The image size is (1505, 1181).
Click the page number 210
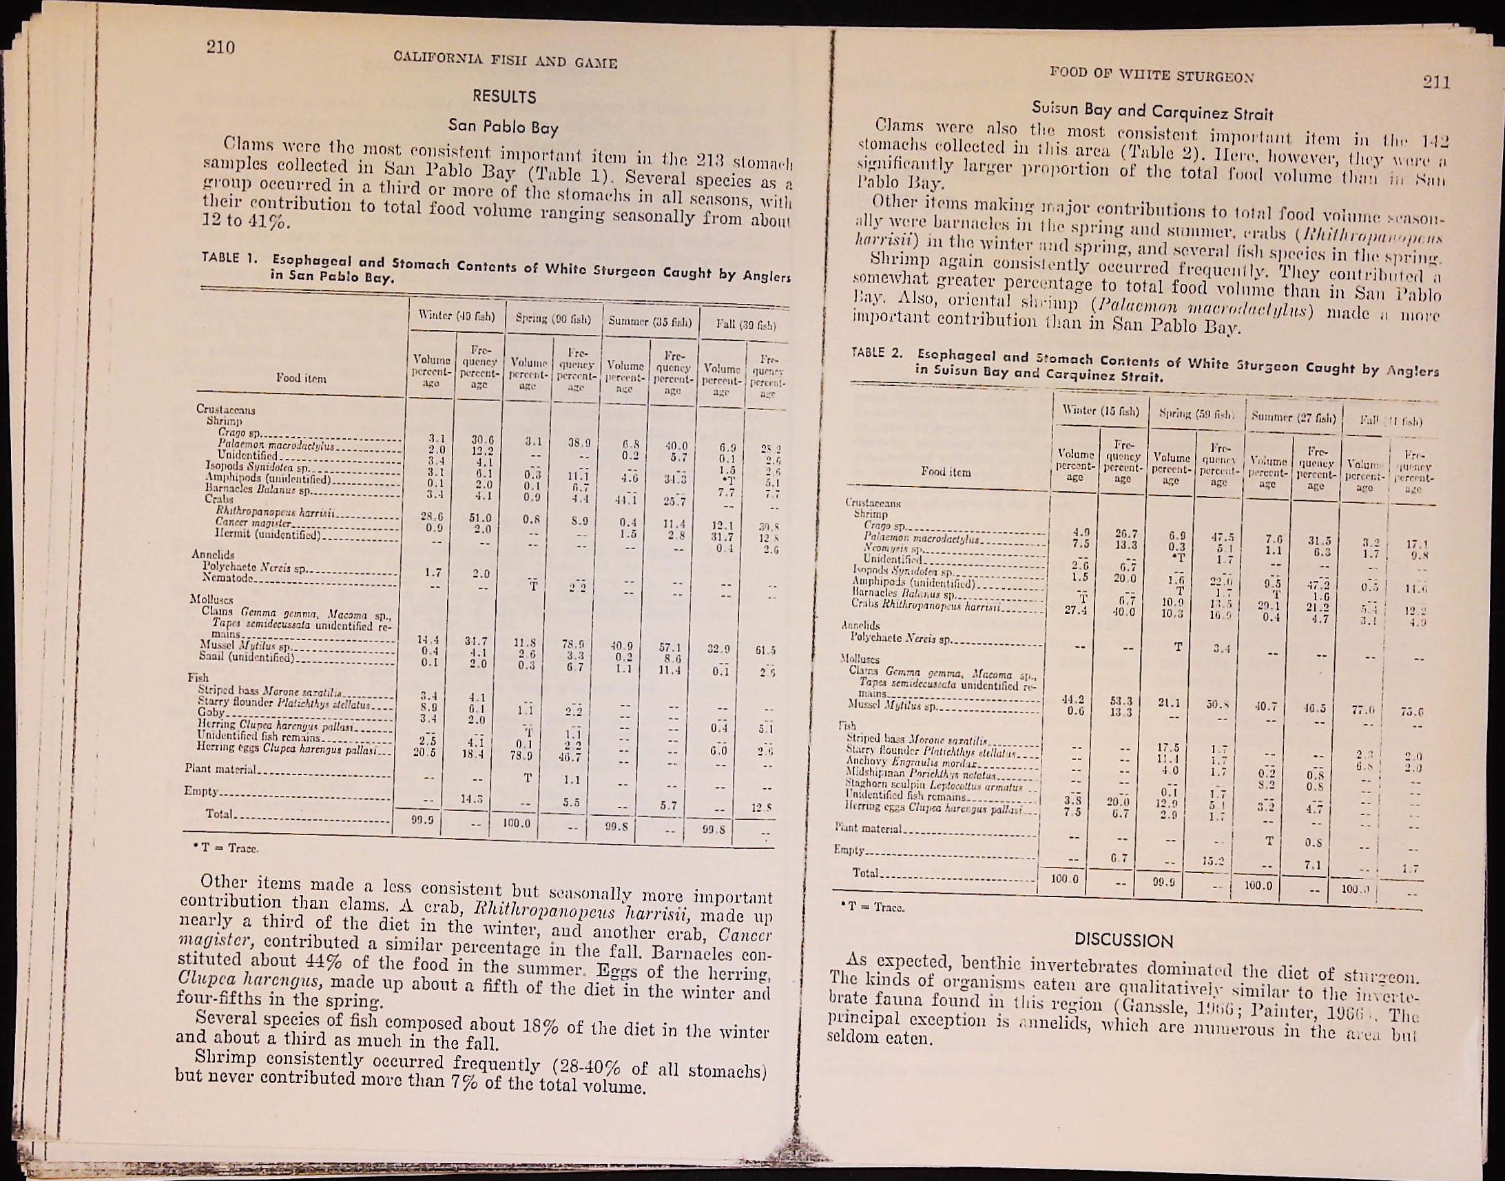[x=220, y=47]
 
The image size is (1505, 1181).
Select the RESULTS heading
[x=504, y=96]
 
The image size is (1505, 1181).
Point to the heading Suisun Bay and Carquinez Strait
[x=1152, y=110]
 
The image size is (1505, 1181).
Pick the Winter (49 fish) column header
[x=457, y=317]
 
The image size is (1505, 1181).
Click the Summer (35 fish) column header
[x=650, y=322]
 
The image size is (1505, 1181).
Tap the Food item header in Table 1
[x=301, y=378]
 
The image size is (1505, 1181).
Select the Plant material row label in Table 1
[x=220, y=769]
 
